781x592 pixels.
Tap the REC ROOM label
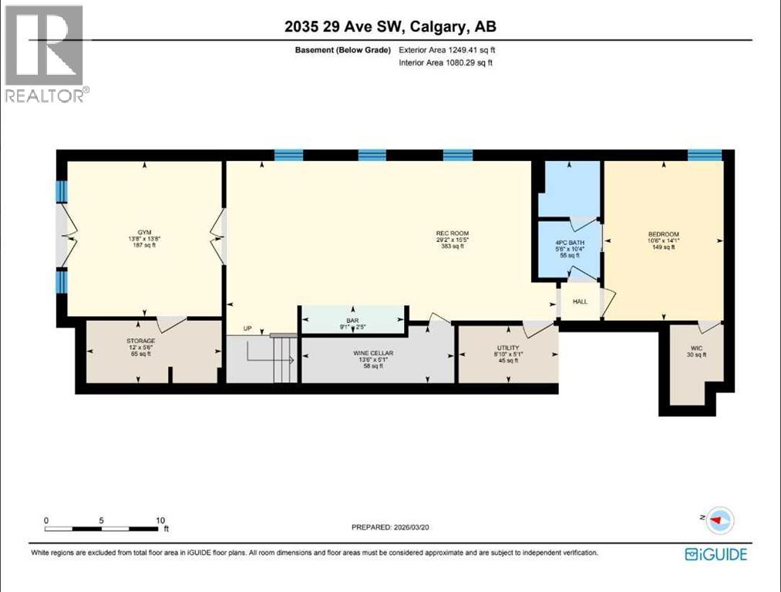pos(452,234)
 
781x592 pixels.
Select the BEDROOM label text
pos(663,234)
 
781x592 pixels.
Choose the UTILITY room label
pos(507,348)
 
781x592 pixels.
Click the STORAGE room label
pos(140,340)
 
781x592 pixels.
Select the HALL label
pos(580,301)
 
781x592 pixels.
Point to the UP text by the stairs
pos(247,328)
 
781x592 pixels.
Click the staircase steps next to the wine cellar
pos(284,358)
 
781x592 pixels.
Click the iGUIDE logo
pos(716,553)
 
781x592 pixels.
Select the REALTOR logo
pos(45,52)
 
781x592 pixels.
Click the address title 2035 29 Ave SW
pos(390,26)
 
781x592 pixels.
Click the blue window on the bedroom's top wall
pos(704,155)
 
